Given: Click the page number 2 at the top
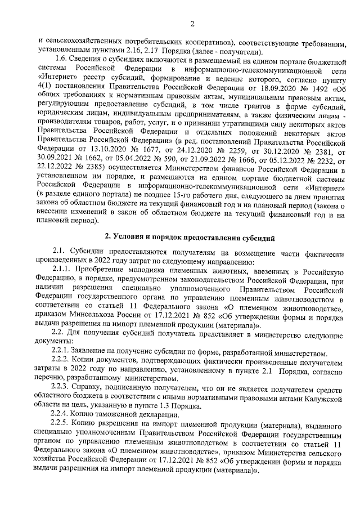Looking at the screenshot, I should (x=191, y=24).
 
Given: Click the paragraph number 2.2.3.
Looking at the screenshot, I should (x=61, y=390).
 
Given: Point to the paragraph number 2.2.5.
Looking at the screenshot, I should (x=61, y=426).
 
